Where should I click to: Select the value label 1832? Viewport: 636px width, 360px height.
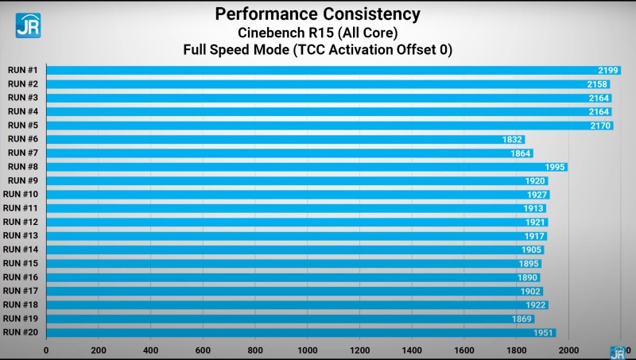point(512,139)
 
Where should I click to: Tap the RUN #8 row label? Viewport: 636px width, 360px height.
point(22,167)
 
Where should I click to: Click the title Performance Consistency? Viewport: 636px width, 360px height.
point(318,14)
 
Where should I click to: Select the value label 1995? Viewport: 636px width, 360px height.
point(556,167)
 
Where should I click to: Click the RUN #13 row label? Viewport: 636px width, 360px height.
point(21,236)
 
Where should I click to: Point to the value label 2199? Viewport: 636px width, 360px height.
point(609,70)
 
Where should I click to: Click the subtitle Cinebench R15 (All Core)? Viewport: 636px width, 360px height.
point(318,33)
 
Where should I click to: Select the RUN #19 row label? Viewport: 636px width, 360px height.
point(21,319)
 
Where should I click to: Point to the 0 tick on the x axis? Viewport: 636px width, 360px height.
point(46,350)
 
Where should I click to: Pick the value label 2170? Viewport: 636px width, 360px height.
point(601,125)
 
